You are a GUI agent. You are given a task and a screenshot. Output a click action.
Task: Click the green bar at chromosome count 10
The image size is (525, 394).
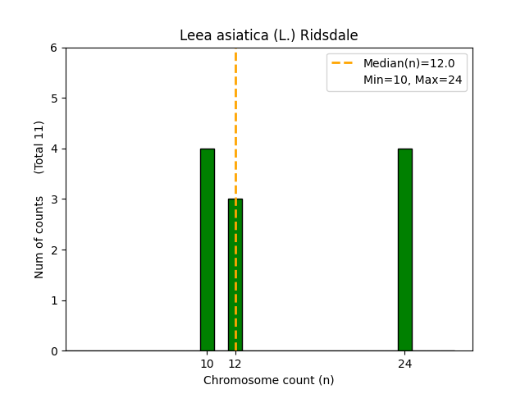pos(208,250)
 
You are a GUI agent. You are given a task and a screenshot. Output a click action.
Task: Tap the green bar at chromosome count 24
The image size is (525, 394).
pos(405,250)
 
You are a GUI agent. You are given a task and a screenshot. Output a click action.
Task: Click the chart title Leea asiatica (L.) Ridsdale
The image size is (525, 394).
pos(269,36)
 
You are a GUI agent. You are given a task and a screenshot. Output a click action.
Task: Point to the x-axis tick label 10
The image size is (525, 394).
pos(208,364)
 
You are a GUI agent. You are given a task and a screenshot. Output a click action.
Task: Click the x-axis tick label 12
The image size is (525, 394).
pos(235,364)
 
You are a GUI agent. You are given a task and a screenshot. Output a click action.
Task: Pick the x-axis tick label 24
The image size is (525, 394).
pos(405,364)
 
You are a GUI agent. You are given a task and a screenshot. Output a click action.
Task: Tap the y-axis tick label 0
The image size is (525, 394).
pos(54,351)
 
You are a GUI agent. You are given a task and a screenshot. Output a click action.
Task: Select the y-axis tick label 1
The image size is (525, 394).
pos(54,300)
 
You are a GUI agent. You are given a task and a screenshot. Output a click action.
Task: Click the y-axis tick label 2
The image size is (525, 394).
pos(54,250)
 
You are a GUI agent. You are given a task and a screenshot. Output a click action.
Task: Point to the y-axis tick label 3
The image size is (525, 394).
pos(54,199)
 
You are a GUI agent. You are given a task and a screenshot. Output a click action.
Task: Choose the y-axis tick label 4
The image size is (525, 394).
pos(54,149)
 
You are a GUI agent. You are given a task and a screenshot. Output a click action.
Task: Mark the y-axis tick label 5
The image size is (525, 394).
pos(54,98)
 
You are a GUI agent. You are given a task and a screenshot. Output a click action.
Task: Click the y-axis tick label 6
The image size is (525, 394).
pos(54,48)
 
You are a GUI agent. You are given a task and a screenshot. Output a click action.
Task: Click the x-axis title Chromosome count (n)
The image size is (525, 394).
pos(269,380)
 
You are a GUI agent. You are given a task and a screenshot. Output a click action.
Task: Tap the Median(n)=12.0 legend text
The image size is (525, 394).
pos(403,63)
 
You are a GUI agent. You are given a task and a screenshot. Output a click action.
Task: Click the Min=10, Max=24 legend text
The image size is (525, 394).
pos(413,80)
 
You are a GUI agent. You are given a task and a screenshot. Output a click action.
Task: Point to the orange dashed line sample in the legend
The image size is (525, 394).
pos(344,63)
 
